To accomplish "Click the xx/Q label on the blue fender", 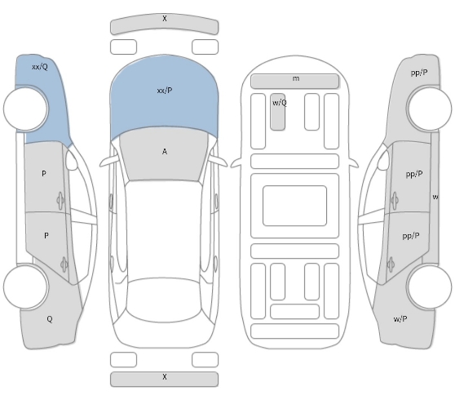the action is click(40, 67).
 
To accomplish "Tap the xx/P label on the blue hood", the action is click(165, 91).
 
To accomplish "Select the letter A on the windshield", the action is click(165, 151).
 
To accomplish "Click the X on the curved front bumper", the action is click(165, 18).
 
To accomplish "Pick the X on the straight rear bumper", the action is click(165, 377).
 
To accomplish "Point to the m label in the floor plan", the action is click(296, 78).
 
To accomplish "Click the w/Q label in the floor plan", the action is click(280, 103).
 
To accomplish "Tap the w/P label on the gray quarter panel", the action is click(400, 319).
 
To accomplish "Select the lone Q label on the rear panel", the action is click(50, 319).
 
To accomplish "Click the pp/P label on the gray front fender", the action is click(419, 73).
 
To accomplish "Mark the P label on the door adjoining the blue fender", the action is click(44, 173).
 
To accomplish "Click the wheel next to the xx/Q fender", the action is click(25, 109).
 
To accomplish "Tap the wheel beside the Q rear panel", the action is click(25, 287).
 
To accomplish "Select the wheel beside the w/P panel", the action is click(429, 287).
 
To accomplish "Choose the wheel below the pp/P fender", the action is click(429, 109).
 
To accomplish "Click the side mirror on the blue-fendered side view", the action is click(71, 160).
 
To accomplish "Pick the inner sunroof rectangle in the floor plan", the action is click(294, 206).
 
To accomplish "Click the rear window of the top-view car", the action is click(163, 300).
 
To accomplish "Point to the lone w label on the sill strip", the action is click(435, 197).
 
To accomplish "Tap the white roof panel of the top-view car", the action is click(164, 229).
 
